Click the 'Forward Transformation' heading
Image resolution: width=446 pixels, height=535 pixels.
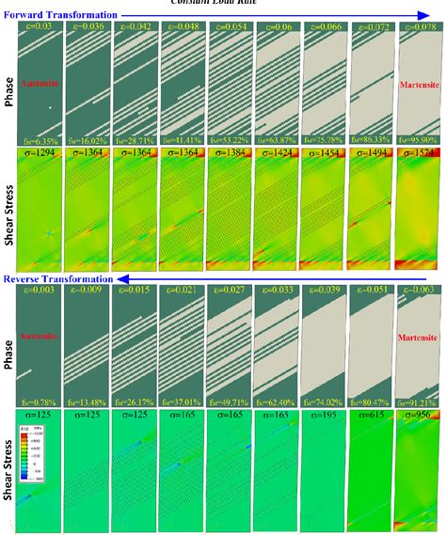pyautogui.click(x=60, y=15)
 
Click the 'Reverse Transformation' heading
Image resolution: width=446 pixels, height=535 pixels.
pyautogui.click(x=57, y=279)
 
